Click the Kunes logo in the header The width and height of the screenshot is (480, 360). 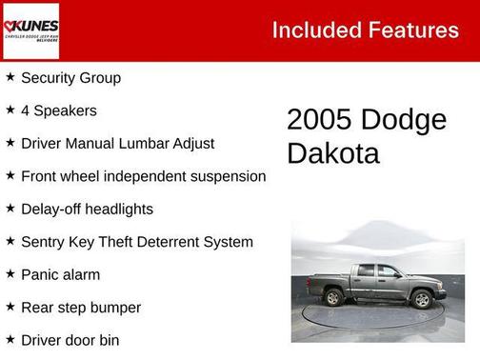31,30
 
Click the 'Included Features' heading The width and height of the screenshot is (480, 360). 365,30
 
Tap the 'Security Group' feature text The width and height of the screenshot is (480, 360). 70,78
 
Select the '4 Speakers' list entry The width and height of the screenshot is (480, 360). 58,110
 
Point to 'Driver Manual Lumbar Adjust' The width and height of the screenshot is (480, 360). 117,144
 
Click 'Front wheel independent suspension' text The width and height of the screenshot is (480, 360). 143,176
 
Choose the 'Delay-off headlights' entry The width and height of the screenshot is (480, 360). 87,210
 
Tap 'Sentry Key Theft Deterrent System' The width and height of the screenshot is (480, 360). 136,242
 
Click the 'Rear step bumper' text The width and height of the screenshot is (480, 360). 80,308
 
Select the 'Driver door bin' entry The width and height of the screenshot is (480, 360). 70,340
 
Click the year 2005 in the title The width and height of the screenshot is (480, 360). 320,120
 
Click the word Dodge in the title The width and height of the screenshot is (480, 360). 404,120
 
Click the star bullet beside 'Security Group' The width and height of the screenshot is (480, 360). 10,77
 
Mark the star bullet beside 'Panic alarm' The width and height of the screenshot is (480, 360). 10,274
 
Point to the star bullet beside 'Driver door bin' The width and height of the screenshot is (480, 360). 10,339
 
